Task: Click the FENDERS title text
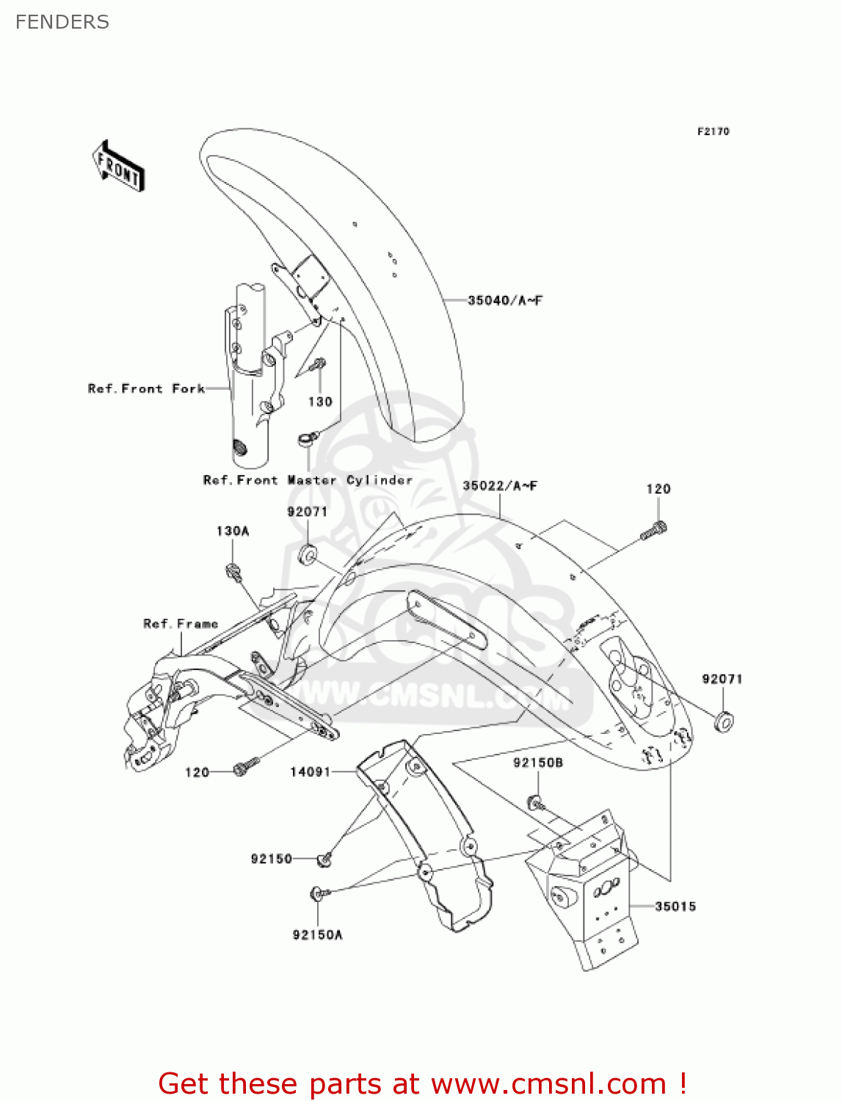pyautogui.click(x=62, y=22)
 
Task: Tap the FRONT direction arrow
pyautogui.click(x=118, y=167)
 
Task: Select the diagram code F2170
pyautogui.click(x=713, y=131)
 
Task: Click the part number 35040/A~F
pyautogui.click(x=505, y=300)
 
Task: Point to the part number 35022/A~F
pyautogui.click(x=500, y=486)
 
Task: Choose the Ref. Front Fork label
pyautogui.click(x=146, y=389)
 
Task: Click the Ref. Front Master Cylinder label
pyautogui.click(x=308, y=480)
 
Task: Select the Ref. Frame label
pyautogui.click(x=181, y=624)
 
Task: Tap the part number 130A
pyautogui.click(x=233, y=531)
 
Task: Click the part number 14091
pyautogui.click(x=311, y=771)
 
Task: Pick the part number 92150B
pyautogui.click(x=538, y=763)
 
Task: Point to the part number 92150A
pyautogui.click(x=317, y=934)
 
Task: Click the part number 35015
pyautogui.click(x=675, y=906)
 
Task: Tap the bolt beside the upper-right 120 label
pyautogui.click(x=655, y=530)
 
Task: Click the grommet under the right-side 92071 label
pyautogui.click(x=724, y=722)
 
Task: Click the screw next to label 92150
pyautogui.click(x=324, y=857)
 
